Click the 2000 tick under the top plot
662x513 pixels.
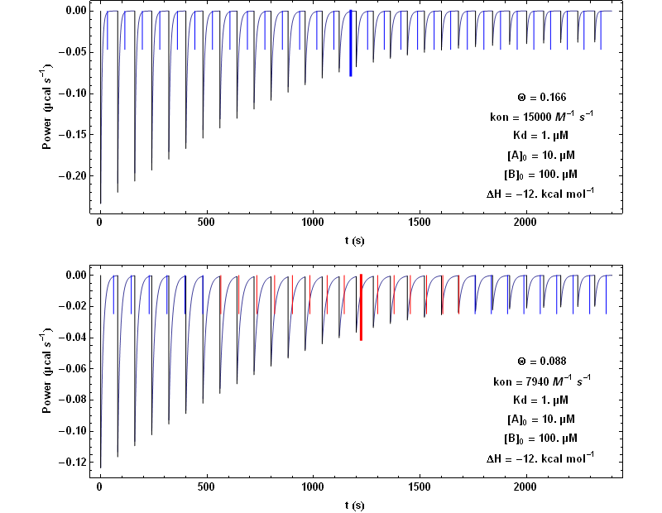click(525, 223)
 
